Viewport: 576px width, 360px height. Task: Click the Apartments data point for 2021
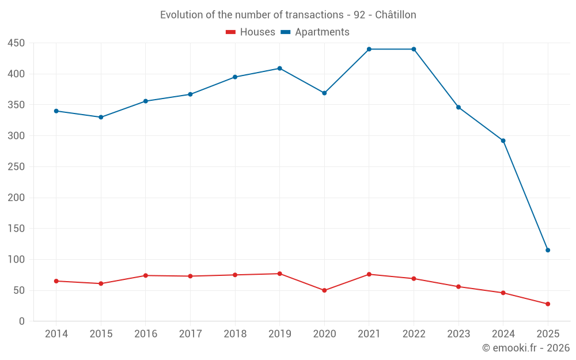point(369,49)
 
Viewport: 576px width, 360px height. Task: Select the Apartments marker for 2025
point(548,250)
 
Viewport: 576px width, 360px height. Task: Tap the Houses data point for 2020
point(324,290)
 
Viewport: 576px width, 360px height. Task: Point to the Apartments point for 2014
point(56,111)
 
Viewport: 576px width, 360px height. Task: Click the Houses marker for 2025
point(548,304)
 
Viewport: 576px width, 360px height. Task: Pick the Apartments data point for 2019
point(280,68)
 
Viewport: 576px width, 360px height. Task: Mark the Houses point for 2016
point(145,275)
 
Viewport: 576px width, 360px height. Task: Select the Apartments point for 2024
point(503,141)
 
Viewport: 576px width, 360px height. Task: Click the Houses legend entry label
point(257,32)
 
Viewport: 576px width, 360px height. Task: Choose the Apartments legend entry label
point(322,32)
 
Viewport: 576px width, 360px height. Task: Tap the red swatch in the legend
point(230,32)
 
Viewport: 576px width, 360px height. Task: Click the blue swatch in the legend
point(285,32)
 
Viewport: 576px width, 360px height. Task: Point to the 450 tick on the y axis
point(16,43)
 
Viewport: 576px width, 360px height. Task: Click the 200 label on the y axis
point(16,198)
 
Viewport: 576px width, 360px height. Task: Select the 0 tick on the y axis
point(21,321)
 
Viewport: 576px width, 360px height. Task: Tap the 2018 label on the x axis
point(235,334)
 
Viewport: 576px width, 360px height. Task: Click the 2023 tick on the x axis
point(458,334)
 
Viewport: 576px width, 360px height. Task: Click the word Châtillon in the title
point(396,15)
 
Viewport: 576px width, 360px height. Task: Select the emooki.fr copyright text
point(526,348)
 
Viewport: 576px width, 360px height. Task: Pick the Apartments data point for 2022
point(414,49)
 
